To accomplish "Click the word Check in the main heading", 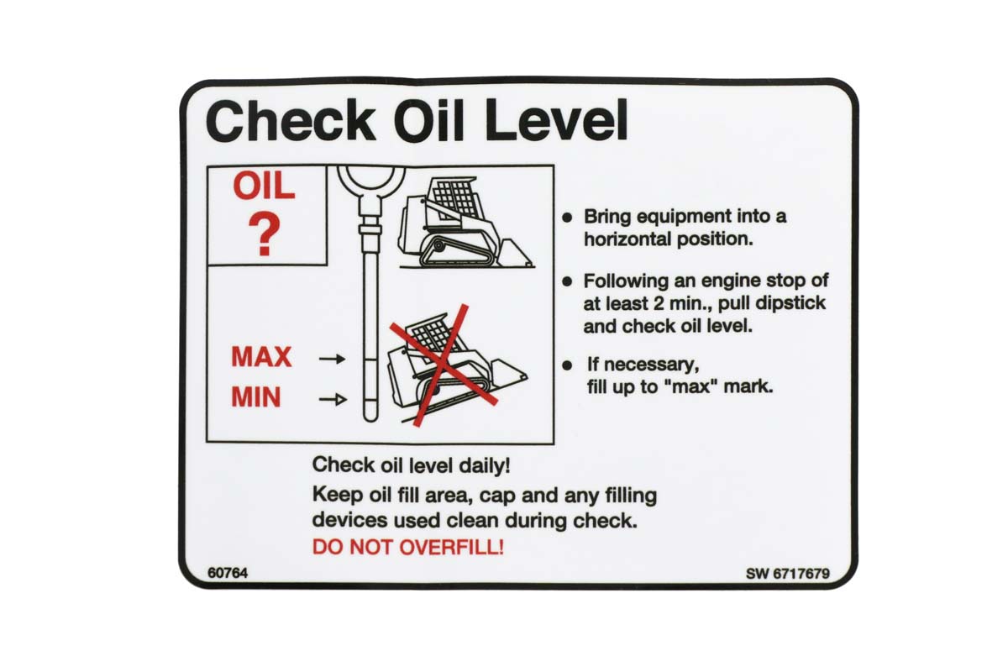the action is coord(291,122).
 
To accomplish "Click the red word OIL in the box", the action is coord(264,186).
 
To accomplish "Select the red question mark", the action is coord(265,235).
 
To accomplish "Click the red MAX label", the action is coord(261,357).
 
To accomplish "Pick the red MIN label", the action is coord(256,397).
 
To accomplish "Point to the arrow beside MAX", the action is coord(332,359).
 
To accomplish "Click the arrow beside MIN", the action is coord(333,399).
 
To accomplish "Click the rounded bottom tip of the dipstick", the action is coord(370,417).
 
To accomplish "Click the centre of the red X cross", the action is coord(444,365).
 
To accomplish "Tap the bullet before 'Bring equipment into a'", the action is coord(567,218).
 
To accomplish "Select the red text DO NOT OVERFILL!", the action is coord(408,548).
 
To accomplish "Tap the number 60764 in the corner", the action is coord(228,573).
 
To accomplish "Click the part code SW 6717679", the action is coord(788,574).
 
